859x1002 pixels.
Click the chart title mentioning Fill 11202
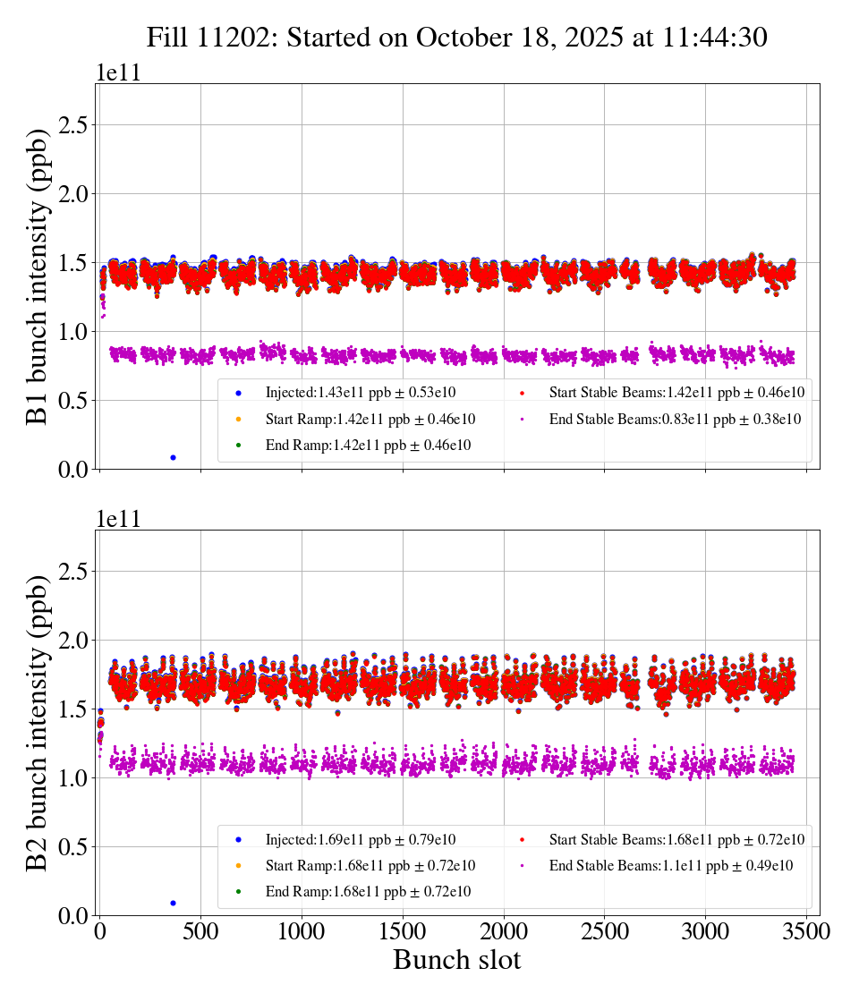coord(457,37)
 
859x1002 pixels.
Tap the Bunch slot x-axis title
coord(456,960)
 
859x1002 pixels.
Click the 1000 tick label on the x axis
coord(302,931)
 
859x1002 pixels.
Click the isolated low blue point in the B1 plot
coord(173,457)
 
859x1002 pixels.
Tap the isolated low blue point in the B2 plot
coord(173,903)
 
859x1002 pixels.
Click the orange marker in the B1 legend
coord(238,419)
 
